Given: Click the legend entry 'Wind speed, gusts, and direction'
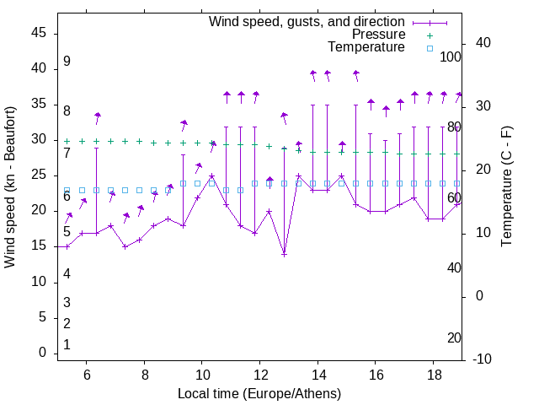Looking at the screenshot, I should [x=307, y=21].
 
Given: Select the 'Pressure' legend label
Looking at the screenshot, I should [x=379, y=35].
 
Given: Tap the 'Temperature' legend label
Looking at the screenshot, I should [x=366, y=47].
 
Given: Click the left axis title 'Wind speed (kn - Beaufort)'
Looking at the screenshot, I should [x=10, y=187].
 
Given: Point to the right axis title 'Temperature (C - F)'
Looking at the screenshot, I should [x=506, y=187].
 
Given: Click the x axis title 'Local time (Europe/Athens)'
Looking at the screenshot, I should [x=259, y=394].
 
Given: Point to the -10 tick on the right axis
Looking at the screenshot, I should [x=483, y=359].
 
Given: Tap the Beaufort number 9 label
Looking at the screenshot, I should [x=67, y=62].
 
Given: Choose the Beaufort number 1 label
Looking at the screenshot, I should [x=67, y=344].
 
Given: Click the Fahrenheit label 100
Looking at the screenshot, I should [x=451, y=57].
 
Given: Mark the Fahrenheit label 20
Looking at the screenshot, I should [x=454, y=337].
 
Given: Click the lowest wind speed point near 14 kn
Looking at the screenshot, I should [x=284, y=254].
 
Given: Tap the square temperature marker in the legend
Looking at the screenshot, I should [x=430, y=48].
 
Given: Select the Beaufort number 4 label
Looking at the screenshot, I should [x=67, y=273].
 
